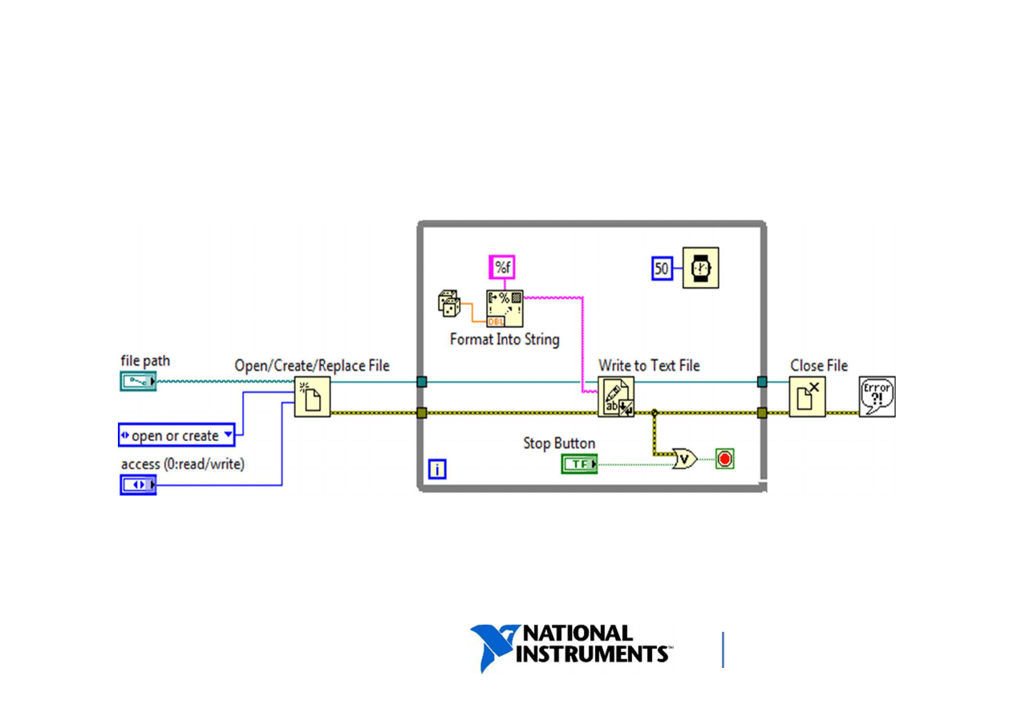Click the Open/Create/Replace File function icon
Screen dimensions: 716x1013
[312, 396]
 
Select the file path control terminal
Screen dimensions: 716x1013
[138, 382]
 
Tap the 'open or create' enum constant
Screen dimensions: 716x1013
[176, 435]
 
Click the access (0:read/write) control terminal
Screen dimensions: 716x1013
[138, 485]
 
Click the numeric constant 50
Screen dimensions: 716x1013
[662, 268]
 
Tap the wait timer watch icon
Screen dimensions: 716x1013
[700, 268]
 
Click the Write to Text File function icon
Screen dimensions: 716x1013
[616, 396]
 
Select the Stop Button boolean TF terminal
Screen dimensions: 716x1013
[579, 463]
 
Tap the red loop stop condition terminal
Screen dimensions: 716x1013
[725, 459]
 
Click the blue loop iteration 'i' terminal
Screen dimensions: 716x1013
[436, 469]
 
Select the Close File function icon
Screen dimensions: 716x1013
[807, 396]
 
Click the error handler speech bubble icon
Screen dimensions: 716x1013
[877, 396]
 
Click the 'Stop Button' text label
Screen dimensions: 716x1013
[559, 443]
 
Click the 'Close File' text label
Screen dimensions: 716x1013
[819, 366]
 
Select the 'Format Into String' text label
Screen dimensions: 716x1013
[504, 339]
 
